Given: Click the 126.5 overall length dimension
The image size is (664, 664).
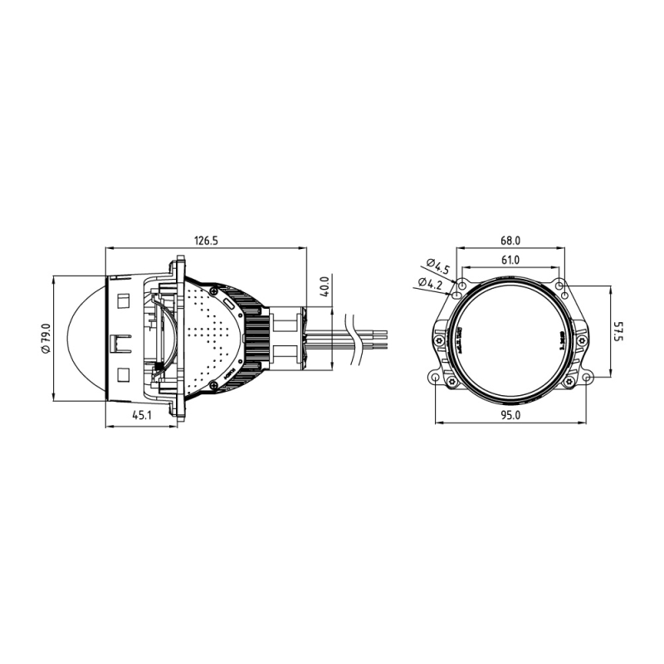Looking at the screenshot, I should pos(206,241).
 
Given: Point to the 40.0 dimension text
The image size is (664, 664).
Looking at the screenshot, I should pos(325,286).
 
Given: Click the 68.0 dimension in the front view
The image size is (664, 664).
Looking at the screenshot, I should pos(510,241).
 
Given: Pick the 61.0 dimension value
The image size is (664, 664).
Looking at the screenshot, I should pos(510,260).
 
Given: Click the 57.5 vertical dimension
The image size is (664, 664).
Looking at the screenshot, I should pos(618,332).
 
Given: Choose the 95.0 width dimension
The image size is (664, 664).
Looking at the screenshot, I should pos(510,417).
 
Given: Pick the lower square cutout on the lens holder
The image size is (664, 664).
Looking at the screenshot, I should pos(123,375).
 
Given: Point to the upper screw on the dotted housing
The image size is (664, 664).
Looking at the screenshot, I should pos(215,290).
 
